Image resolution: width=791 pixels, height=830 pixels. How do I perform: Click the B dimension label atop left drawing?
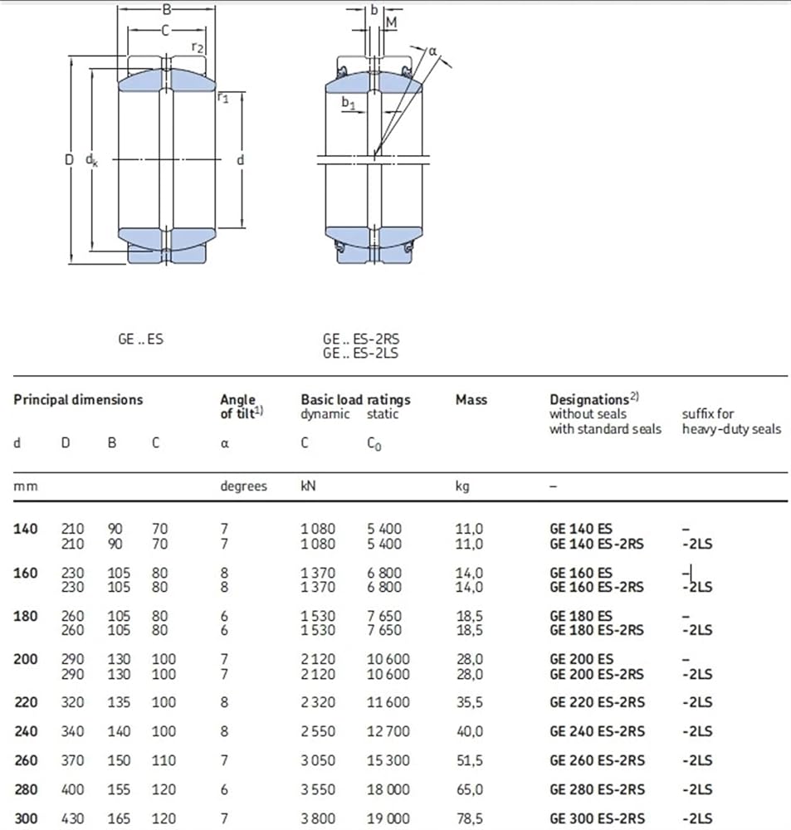coord(166,9)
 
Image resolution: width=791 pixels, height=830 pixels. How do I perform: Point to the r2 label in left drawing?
coord(197,47)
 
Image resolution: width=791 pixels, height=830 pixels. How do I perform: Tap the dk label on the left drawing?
coord(91,160)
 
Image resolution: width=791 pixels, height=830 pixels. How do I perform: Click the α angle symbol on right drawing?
coord(432,51)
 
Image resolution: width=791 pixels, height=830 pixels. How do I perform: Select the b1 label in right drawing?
coord(348,103)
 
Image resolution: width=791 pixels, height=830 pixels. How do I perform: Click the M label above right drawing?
coord(391,22)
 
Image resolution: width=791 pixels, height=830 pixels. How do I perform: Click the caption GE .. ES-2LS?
coord(360,353)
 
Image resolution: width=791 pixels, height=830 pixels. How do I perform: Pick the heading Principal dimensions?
coord(78,400)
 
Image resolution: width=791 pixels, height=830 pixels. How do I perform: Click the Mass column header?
coord(471,400)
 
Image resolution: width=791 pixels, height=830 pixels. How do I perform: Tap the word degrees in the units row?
coord(243,486)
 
